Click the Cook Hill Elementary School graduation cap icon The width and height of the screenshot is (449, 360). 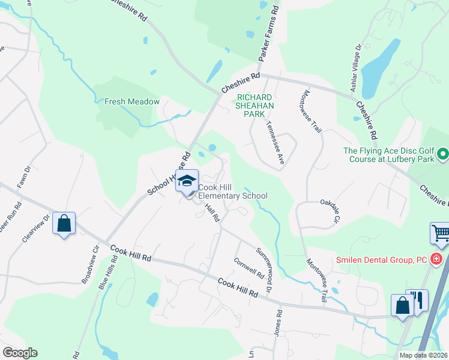[x=187, y=181]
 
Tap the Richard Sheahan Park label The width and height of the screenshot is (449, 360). [x=255, y=105]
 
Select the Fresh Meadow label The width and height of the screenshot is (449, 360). [x=132, y=101]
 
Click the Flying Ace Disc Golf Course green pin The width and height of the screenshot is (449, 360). [x=443, y=155]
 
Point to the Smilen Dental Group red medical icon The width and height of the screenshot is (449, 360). [x=436, y=259]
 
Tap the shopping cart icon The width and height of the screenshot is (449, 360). [x=441, y=233]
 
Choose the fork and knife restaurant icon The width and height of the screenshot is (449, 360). [x=418, y=299]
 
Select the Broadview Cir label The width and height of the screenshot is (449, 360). [x=89, y=263]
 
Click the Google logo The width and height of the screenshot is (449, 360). [x=20, y=353]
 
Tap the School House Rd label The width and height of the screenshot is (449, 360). [x=169, y=173]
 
